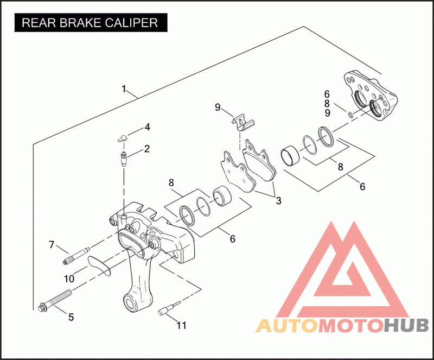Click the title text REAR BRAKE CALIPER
tap(90, 23)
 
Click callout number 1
tap(124, 89)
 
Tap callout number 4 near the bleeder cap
tap(146, 128)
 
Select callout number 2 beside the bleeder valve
tap(146, 148)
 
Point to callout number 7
tap(52, 245)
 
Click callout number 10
tap(69, 279)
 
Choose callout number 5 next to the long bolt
tap(71, 317)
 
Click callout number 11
tap(181, 325)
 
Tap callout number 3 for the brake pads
tap(278, 200)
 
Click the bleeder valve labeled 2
tap(124, 160)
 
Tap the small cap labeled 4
tap(122, 138)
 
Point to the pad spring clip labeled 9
tap(241, 121)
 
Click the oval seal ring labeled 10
tap(99, 265)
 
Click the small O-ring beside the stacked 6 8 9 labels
tap(350, 114)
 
